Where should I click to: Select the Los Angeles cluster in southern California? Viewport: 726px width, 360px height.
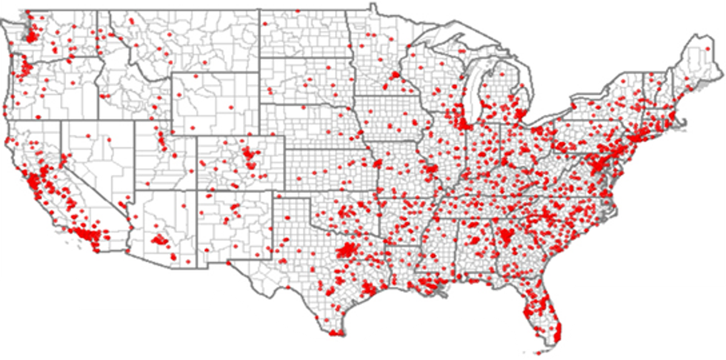[x=85, y=236]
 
